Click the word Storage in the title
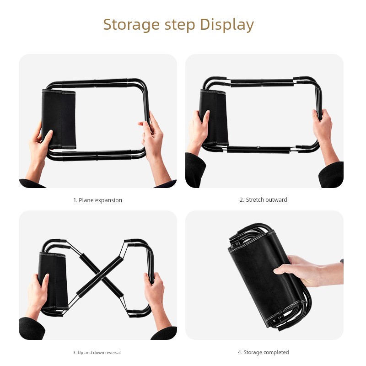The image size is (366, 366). [131, 25]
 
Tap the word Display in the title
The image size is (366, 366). [227, 25]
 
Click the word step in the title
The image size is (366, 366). [180, 25]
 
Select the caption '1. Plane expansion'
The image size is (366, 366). [97, 200]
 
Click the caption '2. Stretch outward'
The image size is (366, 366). [264, 200]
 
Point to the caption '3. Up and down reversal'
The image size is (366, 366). [97, 352]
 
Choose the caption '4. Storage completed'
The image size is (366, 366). [264, 352]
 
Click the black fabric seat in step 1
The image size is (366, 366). [59, 119]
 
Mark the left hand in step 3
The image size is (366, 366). [38, 294]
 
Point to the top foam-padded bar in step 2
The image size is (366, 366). [262, 83]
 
